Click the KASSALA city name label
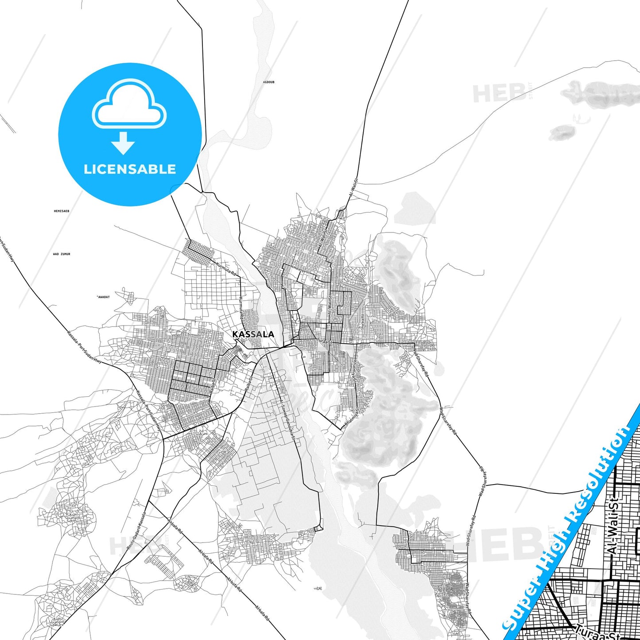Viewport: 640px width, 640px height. coord(253,334)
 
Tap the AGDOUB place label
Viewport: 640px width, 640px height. coord(269,82)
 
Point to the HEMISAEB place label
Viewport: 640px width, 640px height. coord(62,211)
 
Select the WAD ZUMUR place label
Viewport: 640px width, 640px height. coord(62,254)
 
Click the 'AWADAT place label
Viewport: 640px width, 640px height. coord(103,297)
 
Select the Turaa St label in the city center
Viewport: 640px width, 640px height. coord(324,341)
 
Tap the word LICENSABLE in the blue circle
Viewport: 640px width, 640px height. coord(130,169)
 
